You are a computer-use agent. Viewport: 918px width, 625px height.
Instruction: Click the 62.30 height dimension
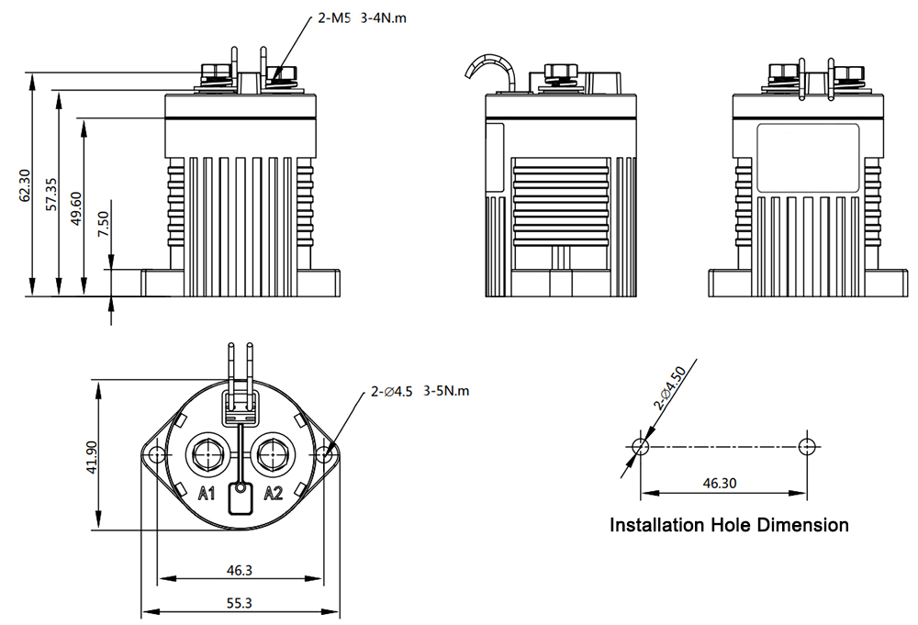coord(26,184)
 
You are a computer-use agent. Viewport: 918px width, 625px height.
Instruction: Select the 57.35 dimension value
coord(51,193)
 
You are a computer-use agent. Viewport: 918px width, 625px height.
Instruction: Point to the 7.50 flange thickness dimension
coord(103,224)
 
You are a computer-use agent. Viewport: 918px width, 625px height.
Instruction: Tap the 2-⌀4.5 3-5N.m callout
coord(420,391)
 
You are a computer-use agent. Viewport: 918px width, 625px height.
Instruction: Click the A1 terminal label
coord(207,494)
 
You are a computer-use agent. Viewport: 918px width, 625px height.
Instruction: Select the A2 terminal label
coord(274,494)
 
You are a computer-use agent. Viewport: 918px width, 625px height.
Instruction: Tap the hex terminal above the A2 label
coord(273,454)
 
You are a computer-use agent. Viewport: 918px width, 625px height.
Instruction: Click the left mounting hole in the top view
coord(157,454)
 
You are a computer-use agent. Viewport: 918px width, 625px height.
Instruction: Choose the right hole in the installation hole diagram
coord(806,447)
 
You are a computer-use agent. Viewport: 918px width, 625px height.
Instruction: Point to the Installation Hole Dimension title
coord(729,526)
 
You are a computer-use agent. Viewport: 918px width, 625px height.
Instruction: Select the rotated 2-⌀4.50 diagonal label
coord(671,388)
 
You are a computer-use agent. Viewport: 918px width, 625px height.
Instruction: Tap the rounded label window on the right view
coord(807,158)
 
